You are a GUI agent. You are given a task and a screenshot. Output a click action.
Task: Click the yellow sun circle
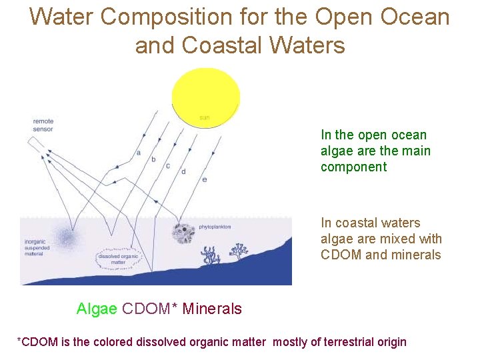coord(206,95)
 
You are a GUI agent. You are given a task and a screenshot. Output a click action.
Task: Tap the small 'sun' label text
coord(205,119)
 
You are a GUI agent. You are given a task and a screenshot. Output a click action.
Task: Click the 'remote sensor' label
coord(43,125)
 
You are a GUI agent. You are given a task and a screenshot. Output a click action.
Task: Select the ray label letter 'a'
coord(138,152)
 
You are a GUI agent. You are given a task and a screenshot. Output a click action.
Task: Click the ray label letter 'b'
coord(153,159)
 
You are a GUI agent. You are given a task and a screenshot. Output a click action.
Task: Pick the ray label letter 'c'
coord(168,165)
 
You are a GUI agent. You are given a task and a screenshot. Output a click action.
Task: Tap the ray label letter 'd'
coord(183,171)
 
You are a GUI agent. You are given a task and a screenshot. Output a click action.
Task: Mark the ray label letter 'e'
coord(204,179)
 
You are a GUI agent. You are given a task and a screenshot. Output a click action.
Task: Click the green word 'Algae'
coord(97,309)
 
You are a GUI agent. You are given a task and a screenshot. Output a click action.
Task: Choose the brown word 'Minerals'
coord(212,309)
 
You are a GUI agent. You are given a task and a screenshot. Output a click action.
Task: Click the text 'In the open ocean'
coord(373,135)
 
